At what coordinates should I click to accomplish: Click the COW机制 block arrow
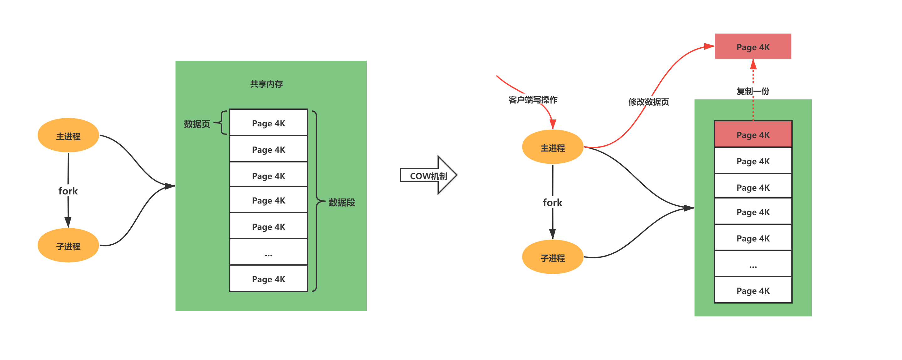click(428, 175)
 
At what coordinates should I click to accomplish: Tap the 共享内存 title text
click(266, 84)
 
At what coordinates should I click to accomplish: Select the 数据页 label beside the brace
click(197, 124)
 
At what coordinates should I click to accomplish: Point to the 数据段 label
click(341, 202)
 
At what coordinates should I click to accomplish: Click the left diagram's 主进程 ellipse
click(68, 135)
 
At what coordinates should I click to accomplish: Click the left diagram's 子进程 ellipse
click(68, 246)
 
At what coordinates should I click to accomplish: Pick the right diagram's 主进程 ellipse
click(553, 147)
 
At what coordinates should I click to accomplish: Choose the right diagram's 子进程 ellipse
click(553, 257)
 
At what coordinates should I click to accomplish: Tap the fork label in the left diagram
click(68, 191)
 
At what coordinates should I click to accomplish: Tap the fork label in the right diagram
click(553, 202)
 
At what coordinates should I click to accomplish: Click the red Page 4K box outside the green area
click(753, 47)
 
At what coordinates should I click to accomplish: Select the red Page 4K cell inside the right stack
click(753, 135)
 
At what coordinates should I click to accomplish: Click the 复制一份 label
click(753, 91)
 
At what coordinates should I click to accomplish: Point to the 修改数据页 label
click(648, 102)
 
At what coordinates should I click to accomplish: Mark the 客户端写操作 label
click(532, 100)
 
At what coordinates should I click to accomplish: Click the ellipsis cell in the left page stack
click(269, 252)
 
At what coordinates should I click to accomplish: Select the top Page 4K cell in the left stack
click(269, 123)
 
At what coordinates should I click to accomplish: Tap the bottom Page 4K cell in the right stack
click(753, 290)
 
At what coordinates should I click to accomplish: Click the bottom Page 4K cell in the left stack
click(269, 279)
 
